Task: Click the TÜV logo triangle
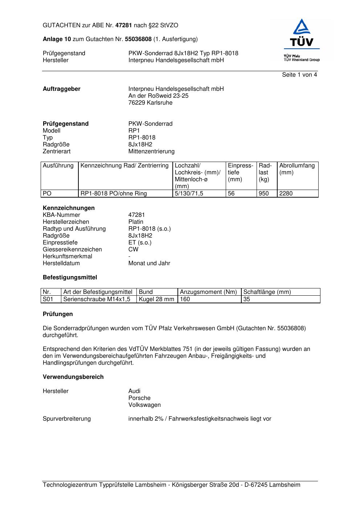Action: pyautogui.click(x=302, y=27)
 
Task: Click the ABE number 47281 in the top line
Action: pyautogui.click(x=124, y=25)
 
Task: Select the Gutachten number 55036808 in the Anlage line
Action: pyautogui.click(x=138, y=39)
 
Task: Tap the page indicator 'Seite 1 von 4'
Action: pyautogui.click(x=299, y=75)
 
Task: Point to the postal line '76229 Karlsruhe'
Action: pyautogui.click(x=150, y=103)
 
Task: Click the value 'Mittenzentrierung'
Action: pyautogui.click(x=151, y=151)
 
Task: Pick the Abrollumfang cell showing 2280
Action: pyautogui.click(x=286, y=194)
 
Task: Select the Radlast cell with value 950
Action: pyautogui.click(x=263, y=194)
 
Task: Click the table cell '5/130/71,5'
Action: pyautogui.click(x=189, y=194)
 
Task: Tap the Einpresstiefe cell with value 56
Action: pyautogui.click(x=231, y=194)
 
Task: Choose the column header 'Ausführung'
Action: pyautogui.click(x=58, y=166)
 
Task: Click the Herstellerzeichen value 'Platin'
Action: pyautogui.click(x=136, y=222)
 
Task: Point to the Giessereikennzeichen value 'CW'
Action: pyautogui.click(x=133, y=250)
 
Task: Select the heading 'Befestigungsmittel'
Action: pyautogui.click(x=70, y=278)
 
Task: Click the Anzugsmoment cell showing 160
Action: pyautogui.click(x=185, y=299)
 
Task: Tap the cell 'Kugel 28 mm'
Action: pyautogui.click(x=156, y=299)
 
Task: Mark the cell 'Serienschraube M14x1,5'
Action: pyautogui.click(x=97, y=299)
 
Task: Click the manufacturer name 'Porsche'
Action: pyautogui.click(x=139, y=398)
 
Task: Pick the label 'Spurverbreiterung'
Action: pyautogui.click(x=67, y=419)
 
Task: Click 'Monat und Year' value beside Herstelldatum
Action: pyautogui.click(x=149, y=263)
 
